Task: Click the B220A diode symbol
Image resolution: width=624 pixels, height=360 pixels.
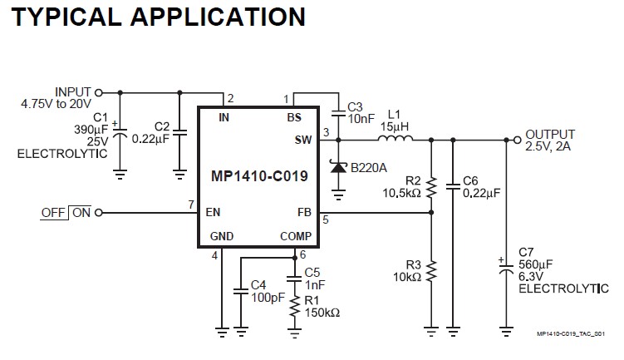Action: tap(338, 167)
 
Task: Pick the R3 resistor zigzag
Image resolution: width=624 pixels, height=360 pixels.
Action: tap(431, 269)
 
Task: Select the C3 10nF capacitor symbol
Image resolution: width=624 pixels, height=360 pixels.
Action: tap(338, 111)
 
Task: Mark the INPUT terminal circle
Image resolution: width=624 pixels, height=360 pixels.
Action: tap(99, 92)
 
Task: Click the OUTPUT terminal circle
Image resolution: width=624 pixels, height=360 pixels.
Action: tap(516, 140)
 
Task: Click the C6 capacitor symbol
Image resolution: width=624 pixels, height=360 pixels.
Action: tap(453, 184)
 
